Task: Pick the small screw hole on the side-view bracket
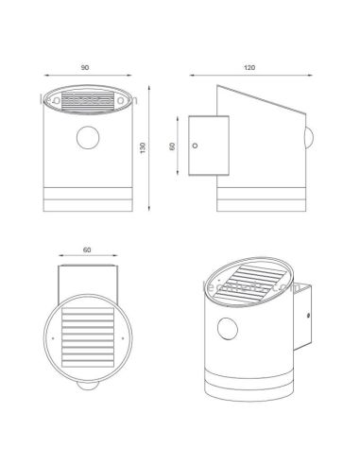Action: pos(196,146)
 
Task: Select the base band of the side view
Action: pos(262,199)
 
